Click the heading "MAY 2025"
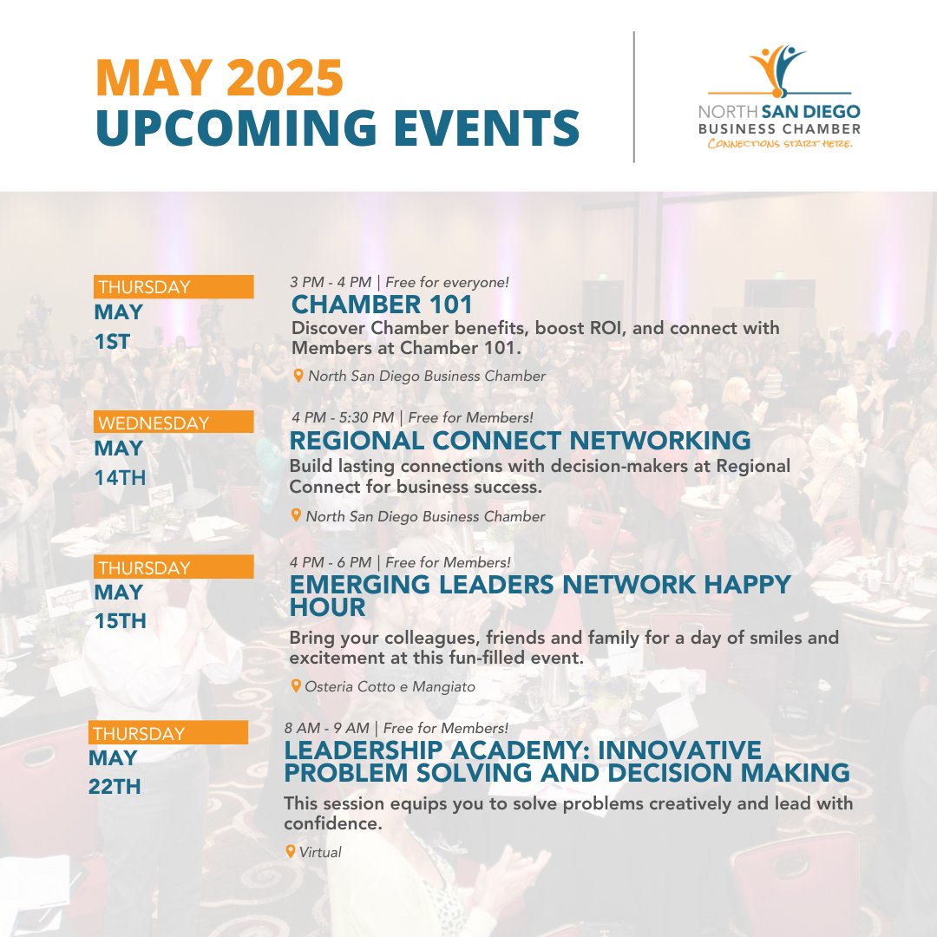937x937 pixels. tap(220, 77)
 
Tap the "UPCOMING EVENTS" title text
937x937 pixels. tap(337, 127)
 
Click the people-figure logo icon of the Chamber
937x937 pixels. tap(776, 69)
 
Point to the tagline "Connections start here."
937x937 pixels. tap(780, 144)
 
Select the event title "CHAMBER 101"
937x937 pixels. tap(383, 305)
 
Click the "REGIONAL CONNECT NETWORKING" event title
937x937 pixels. tap(520, 440)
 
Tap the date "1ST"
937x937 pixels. tap(113, 341)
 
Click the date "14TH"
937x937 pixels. tap(121, 477)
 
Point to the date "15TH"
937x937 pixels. tap(121, 621)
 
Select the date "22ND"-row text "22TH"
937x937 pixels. tap(115, 787)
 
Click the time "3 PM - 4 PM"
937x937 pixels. tap(331, 282)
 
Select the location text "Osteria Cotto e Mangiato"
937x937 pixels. tap(390, 686)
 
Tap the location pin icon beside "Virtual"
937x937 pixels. tap(291, 851)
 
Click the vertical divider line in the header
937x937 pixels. tap(633, 96)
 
